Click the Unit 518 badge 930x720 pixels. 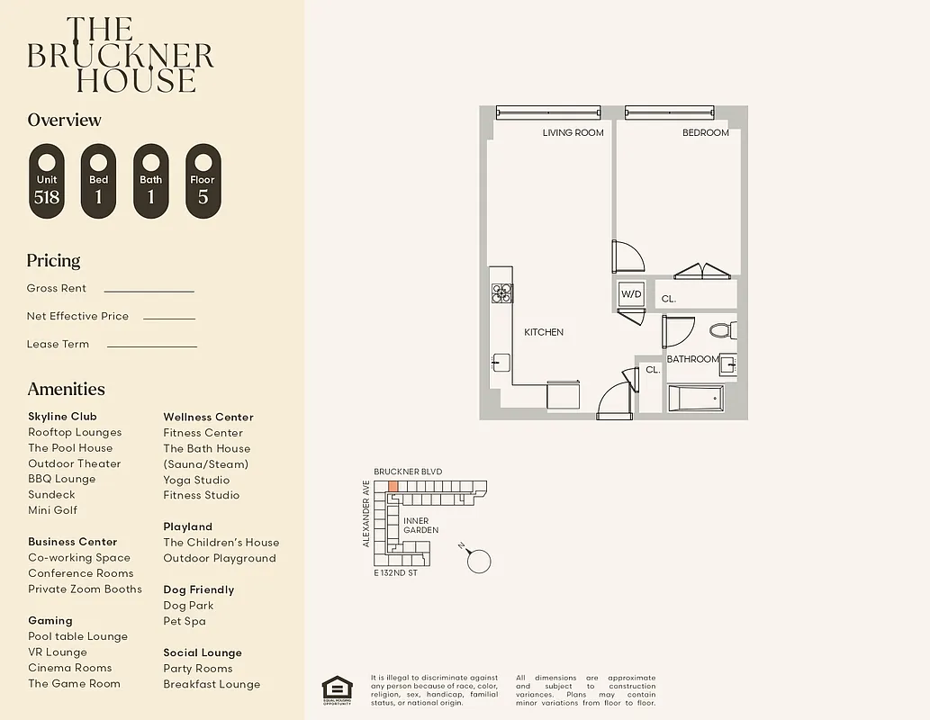click(47, 181)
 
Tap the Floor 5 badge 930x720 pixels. click(203, 181)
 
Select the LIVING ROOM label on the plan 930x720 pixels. click(573, 133)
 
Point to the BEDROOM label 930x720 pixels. click(705, 133)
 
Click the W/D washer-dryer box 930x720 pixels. click(630, 294)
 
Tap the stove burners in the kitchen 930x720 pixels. click(501, 292)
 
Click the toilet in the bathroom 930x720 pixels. click(722, 330)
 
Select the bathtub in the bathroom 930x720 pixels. click(695, 398)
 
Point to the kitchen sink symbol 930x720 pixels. click(501, 363)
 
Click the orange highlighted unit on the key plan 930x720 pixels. click(393, 486)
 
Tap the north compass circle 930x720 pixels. click(480, 561)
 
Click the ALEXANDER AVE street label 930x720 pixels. click(366, 513)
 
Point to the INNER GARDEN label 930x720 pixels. click(420, 526)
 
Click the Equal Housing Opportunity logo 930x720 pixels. click(338, 688)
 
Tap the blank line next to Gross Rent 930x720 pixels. click(149, 290)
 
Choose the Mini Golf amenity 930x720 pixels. click(52, 510)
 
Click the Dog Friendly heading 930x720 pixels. click(198, 589)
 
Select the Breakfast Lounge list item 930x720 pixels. click(212, 684)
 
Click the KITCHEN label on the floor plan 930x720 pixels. click(544, 332)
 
